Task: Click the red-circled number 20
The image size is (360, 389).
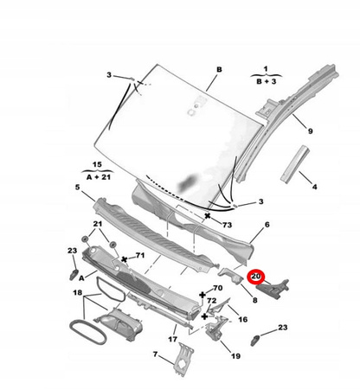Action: pos(256,277)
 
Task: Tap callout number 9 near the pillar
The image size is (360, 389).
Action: pos(310,131)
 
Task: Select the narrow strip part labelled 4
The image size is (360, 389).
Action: pos(295,164)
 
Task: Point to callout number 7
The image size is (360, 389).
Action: pos(156,354)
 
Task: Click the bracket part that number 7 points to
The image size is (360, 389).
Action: pos(183,360)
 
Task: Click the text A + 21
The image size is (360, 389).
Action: pos(99,176)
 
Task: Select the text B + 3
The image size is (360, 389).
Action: pos(266,81)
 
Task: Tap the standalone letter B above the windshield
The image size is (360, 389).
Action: pos(219,70)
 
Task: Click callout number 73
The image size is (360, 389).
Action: pos(227,225)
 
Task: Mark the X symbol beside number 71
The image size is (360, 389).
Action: pos(125,259)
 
